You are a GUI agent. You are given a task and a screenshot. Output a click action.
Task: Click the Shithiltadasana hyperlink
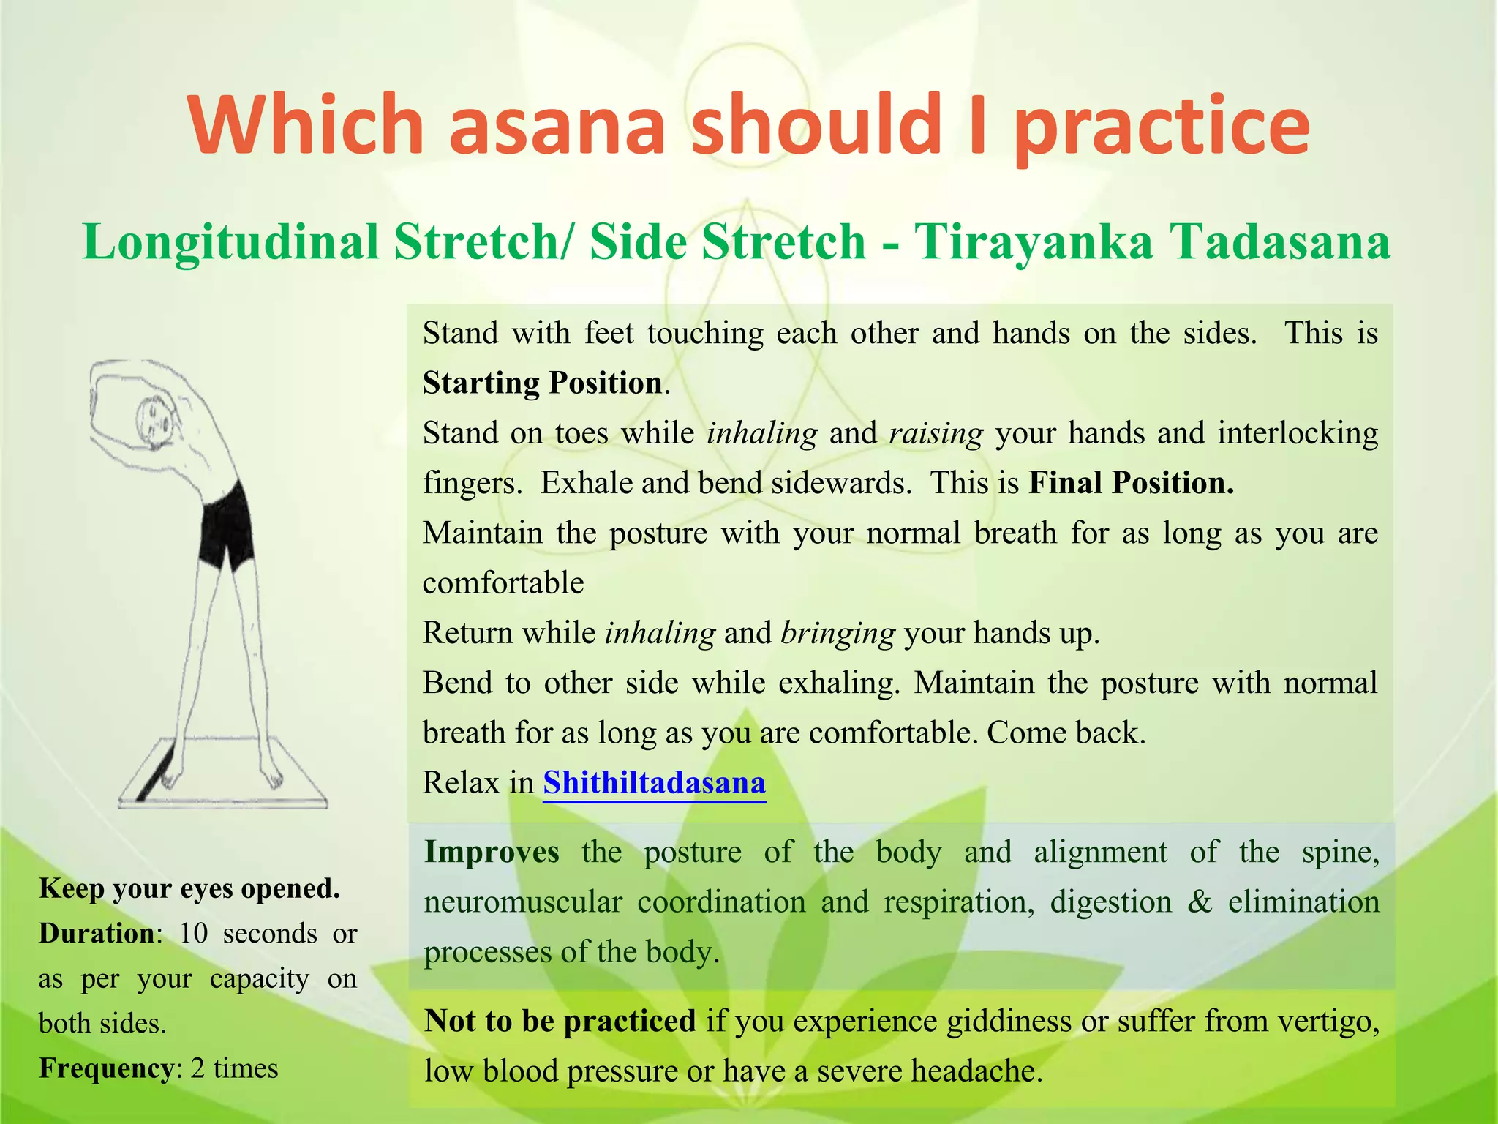pyautogui.click(x=654, y=783)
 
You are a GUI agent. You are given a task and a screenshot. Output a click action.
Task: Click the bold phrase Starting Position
pyautogui.click(x=543, y=383)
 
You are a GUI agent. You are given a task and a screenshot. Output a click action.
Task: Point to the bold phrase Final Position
pyautogui.click(x=1131, y=483)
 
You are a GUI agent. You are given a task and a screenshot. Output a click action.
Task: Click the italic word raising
pyautogui.click(x=936, y=433)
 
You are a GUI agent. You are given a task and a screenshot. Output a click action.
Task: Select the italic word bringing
pyautogui.click(x=838, y=633)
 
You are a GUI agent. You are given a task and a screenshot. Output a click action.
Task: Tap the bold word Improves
pyautogui.click(x=492, y=853)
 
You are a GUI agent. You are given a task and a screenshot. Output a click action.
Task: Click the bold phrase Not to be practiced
pyautogui.click(x=560, y=1021)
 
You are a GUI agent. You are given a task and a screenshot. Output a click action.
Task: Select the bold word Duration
pyautogui.click(x=97, y=934)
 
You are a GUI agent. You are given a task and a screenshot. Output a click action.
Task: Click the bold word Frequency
pyautogui.click(x=107, y=1068)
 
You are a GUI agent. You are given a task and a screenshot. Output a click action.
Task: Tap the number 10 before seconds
pyautogui.click(x=194, y=934)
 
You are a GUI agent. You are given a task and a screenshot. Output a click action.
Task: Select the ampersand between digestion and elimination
pyautogui.click(x=1200, y=902)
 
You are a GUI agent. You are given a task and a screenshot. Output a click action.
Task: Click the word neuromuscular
pyautogui.click(x=522, y=902)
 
